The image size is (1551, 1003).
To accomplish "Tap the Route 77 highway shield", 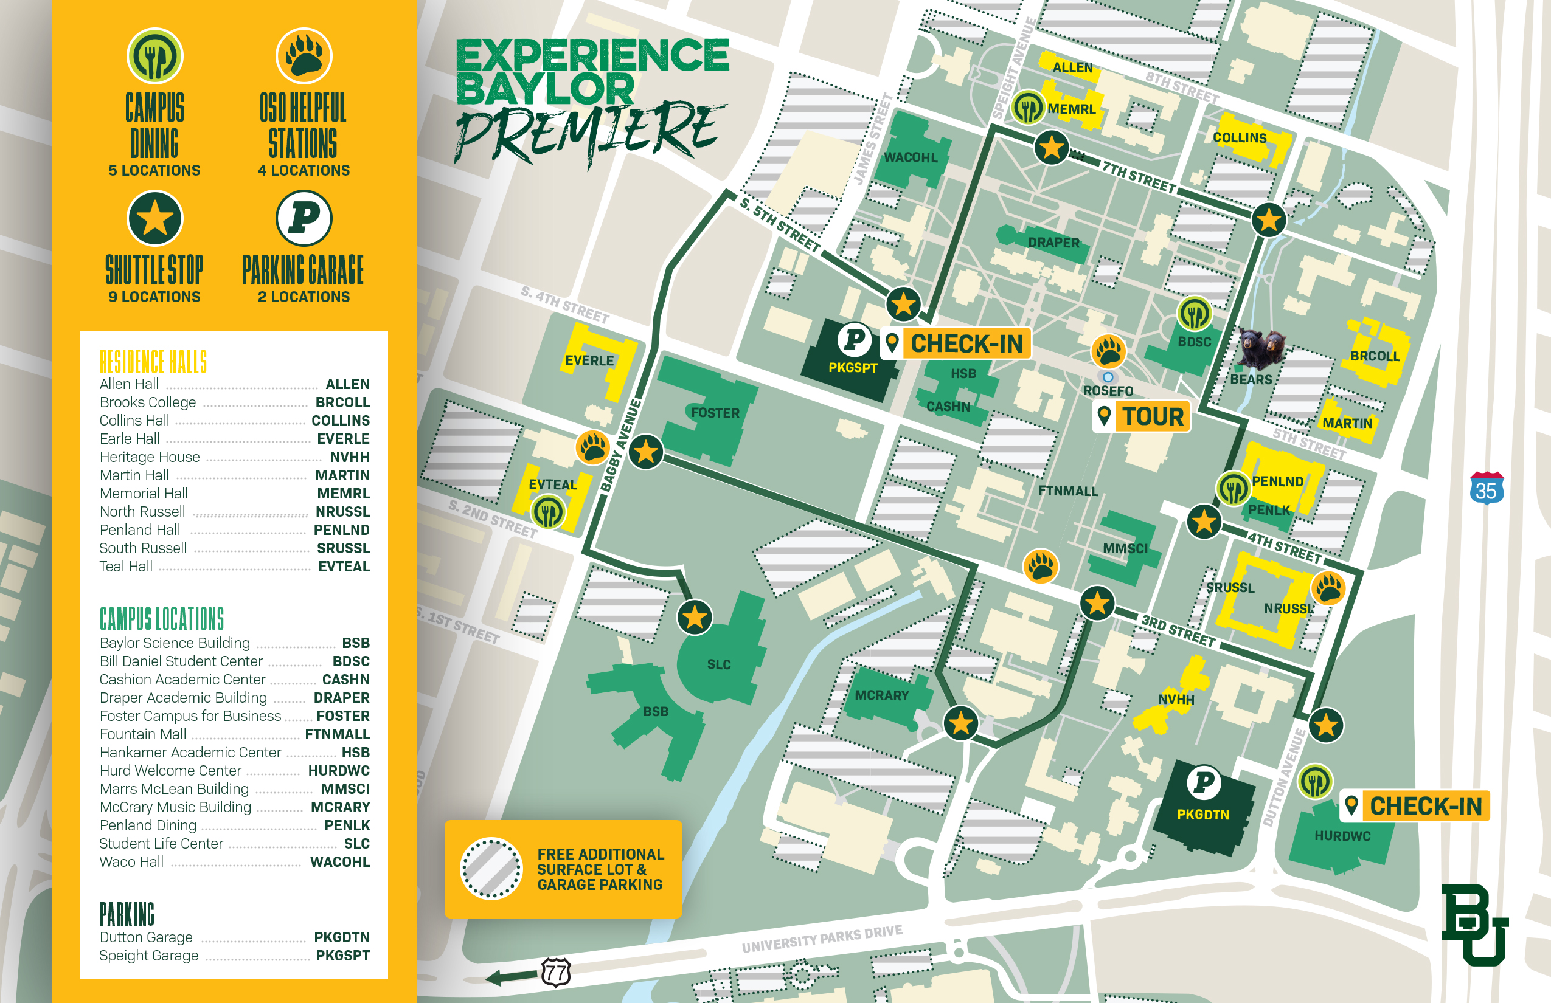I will pyautogui.click(x=556, y=973).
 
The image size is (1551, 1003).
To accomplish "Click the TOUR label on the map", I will pyautogui.click(x=1152, y=416).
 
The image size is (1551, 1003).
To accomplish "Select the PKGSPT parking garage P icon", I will pyautogui.click(x=854, y=339).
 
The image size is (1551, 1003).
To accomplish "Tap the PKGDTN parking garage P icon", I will pyautogui.click(x=1203, y=782).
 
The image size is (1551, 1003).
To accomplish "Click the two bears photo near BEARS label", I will pyautogui.click(x=1261, y=348).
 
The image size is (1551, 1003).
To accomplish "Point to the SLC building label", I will pyautogui.click(x=719, y=664).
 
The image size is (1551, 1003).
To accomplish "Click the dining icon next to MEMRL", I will pyautogui.click(x=1028, y=107).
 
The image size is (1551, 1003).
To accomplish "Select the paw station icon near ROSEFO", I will pyautogui.click(x=1108, y=353).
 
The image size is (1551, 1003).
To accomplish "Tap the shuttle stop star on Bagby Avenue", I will pyautogui.click(x=646, y=452).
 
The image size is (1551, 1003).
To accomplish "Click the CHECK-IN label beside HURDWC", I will pyautogui.click(x=1425, y=806).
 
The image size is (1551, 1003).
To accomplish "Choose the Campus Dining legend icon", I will pyautogui.click(x=154, y=56).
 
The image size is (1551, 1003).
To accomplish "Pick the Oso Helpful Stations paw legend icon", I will pyautogui.click(x=304, y=56).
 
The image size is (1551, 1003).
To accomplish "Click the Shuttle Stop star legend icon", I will pyautogui.click(x=154, y=218).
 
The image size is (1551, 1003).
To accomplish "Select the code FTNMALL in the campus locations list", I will pyautogui.click(x=337, y=734).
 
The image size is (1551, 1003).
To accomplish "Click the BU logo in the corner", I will pyautogui.click(x=1475, y=925).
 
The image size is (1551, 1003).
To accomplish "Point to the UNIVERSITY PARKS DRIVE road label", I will pyautogui.click(x=822, y=938).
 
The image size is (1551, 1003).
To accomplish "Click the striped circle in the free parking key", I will pyautogui.click(x=491, y=869).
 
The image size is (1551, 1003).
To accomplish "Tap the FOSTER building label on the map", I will pyautogui.click(x=715, y=413).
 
